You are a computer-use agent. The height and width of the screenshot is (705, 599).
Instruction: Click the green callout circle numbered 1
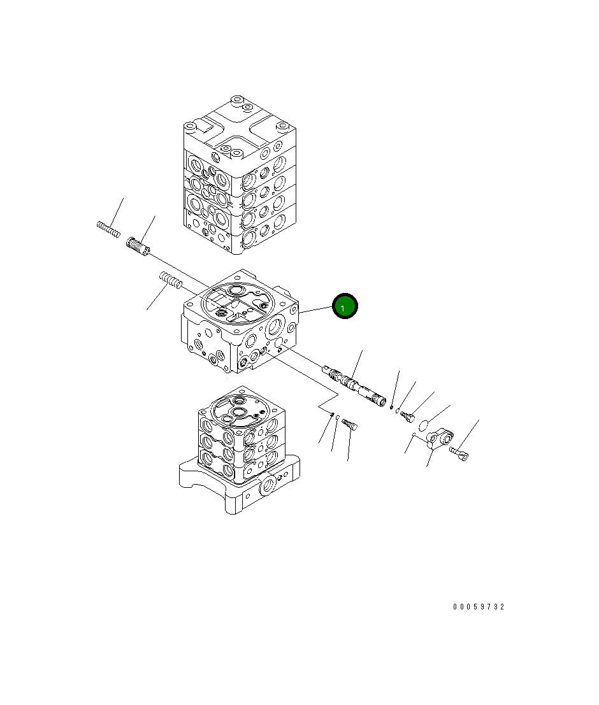pos(345,306)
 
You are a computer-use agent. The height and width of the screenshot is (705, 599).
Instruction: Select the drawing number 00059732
pos(479,607)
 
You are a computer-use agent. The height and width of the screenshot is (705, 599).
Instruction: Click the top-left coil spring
pos(108,229)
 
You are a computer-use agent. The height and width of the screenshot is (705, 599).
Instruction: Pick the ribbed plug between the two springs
pos(138,247)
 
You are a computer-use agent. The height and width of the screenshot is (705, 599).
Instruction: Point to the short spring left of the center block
pos(171,280)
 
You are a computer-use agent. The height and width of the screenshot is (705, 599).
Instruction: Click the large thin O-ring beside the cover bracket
pos(424,425)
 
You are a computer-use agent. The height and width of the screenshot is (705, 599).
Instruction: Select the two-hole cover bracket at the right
pos(440,438)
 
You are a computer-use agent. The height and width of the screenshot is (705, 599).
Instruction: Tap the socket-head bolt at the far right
pos(459,453)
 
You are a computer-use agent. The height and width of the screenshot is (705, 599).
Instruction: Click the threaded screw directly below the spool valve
pos(350,424)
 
